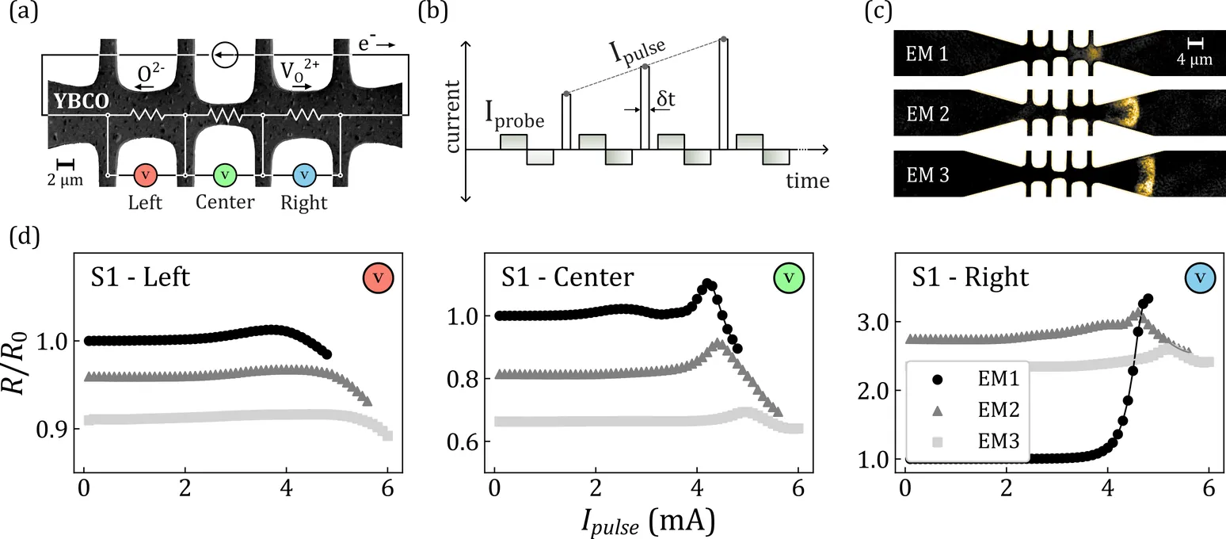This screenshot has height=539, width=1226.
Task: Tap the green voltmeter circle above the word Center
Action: tap(225, 174)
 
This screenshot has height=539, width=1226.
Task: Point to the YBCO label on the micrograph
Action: tap(78, 101)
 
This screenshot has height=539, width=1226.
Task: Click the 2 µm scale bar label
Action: tap(66, 180)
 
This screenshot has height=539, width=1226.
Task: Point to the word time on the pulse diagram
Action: tap(807, 182)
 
